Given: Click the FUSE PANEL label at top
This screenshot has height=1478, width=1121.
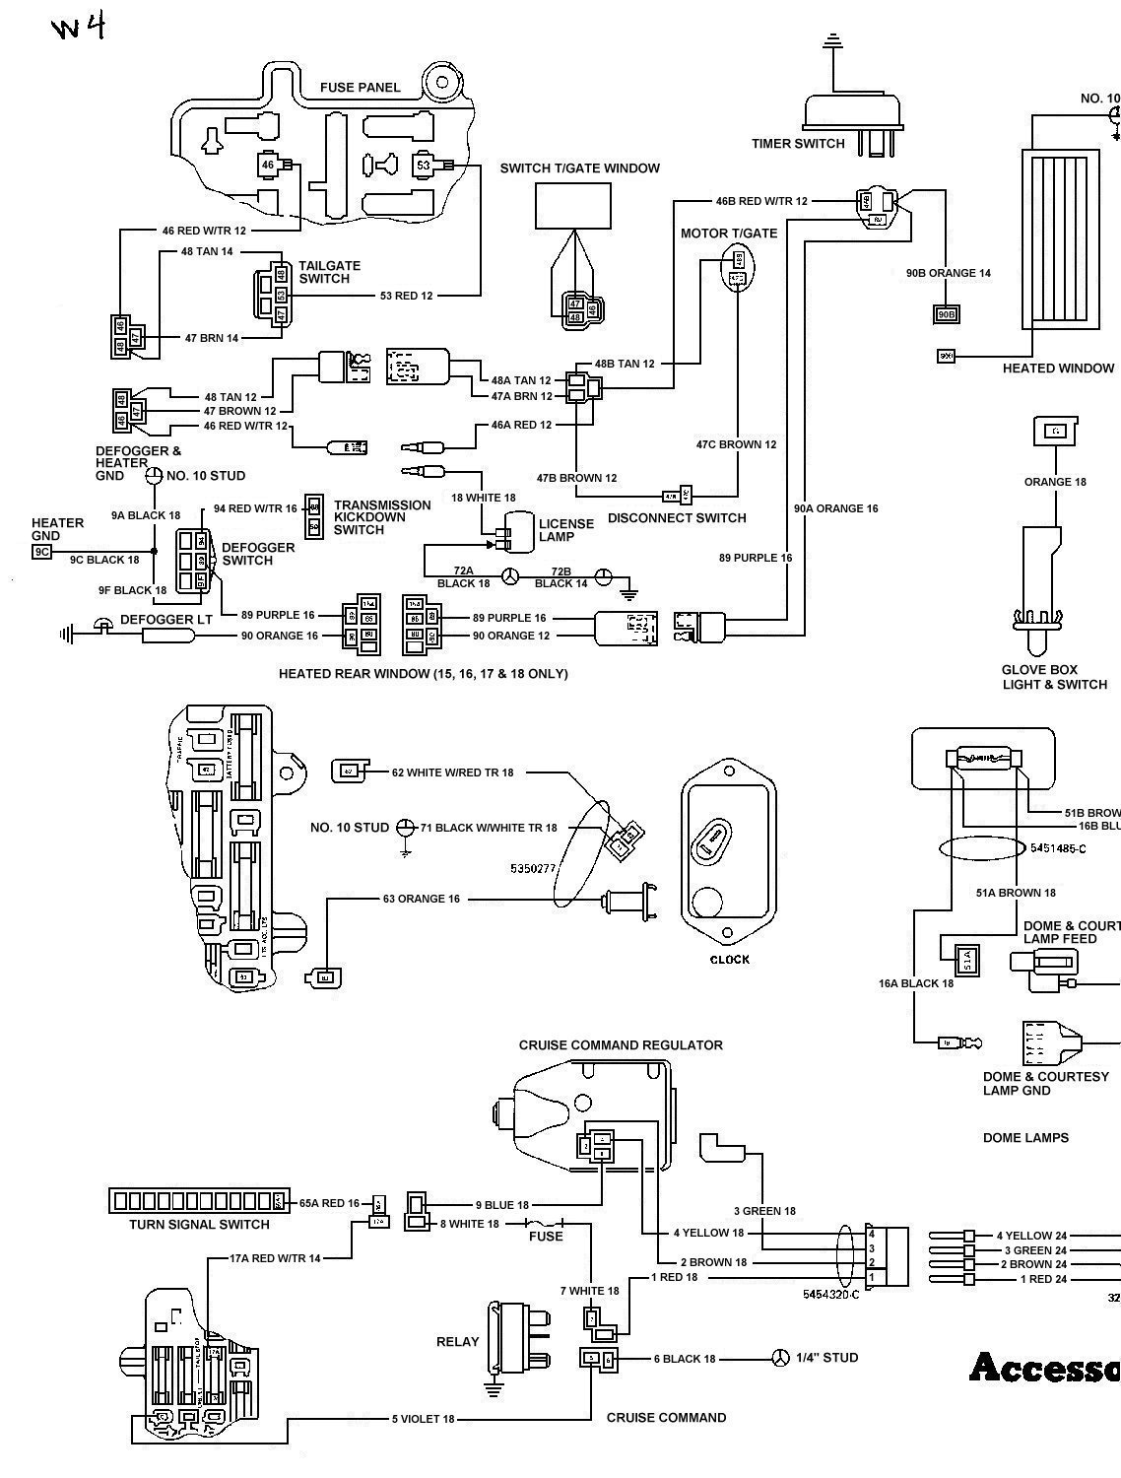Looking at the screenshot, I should coord(360,88).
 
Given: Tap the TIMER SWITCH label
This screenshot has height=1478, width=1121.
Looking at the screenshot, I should coord(798,144).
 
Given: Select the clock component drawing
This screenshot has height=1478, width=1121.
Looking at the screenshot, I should coord(728,849).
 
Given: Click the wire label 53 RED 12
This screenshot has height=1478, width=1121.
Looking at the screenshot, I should coord(406,296).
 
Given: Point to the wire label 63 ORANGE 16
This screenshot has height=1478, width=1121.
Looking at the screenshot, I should coord(422,899).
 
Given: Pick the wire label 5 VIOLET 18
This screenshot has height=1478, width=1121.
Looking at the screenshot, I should coord(424,1419).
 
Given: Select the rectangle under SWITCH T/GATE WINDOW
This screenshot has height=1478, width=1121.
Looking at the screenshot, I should coord(572,207).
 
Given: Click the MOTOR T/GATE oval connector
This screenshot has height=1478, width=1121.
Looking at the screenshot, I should coord(737,268).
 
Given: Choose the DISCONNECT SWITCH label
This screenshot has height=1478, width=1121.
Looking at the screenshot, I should coord(677,518).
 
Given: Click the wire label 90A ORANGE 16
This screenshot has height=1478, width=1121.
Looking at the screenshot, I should coord(835,508).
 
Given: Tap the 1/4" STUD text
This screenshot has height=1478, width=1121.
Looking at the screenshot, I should coord(825,1358).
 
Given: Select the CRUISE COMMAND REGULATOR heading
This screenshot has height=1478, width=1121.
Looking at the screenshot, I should coord(621,1044).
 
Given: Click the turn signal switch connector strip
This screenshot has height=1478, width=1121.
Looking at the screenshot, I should coord(197,1200).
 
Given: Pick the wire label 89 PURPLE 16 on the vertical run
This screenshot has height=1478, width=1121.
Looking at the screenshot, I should coord(756,558).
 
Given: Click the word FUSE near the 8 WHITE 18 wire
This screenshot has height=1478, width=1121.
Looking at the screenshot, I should coord(546,1236).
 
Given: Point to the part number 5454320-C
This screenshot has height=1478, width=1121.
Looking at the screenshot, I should coord(830,1294).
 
